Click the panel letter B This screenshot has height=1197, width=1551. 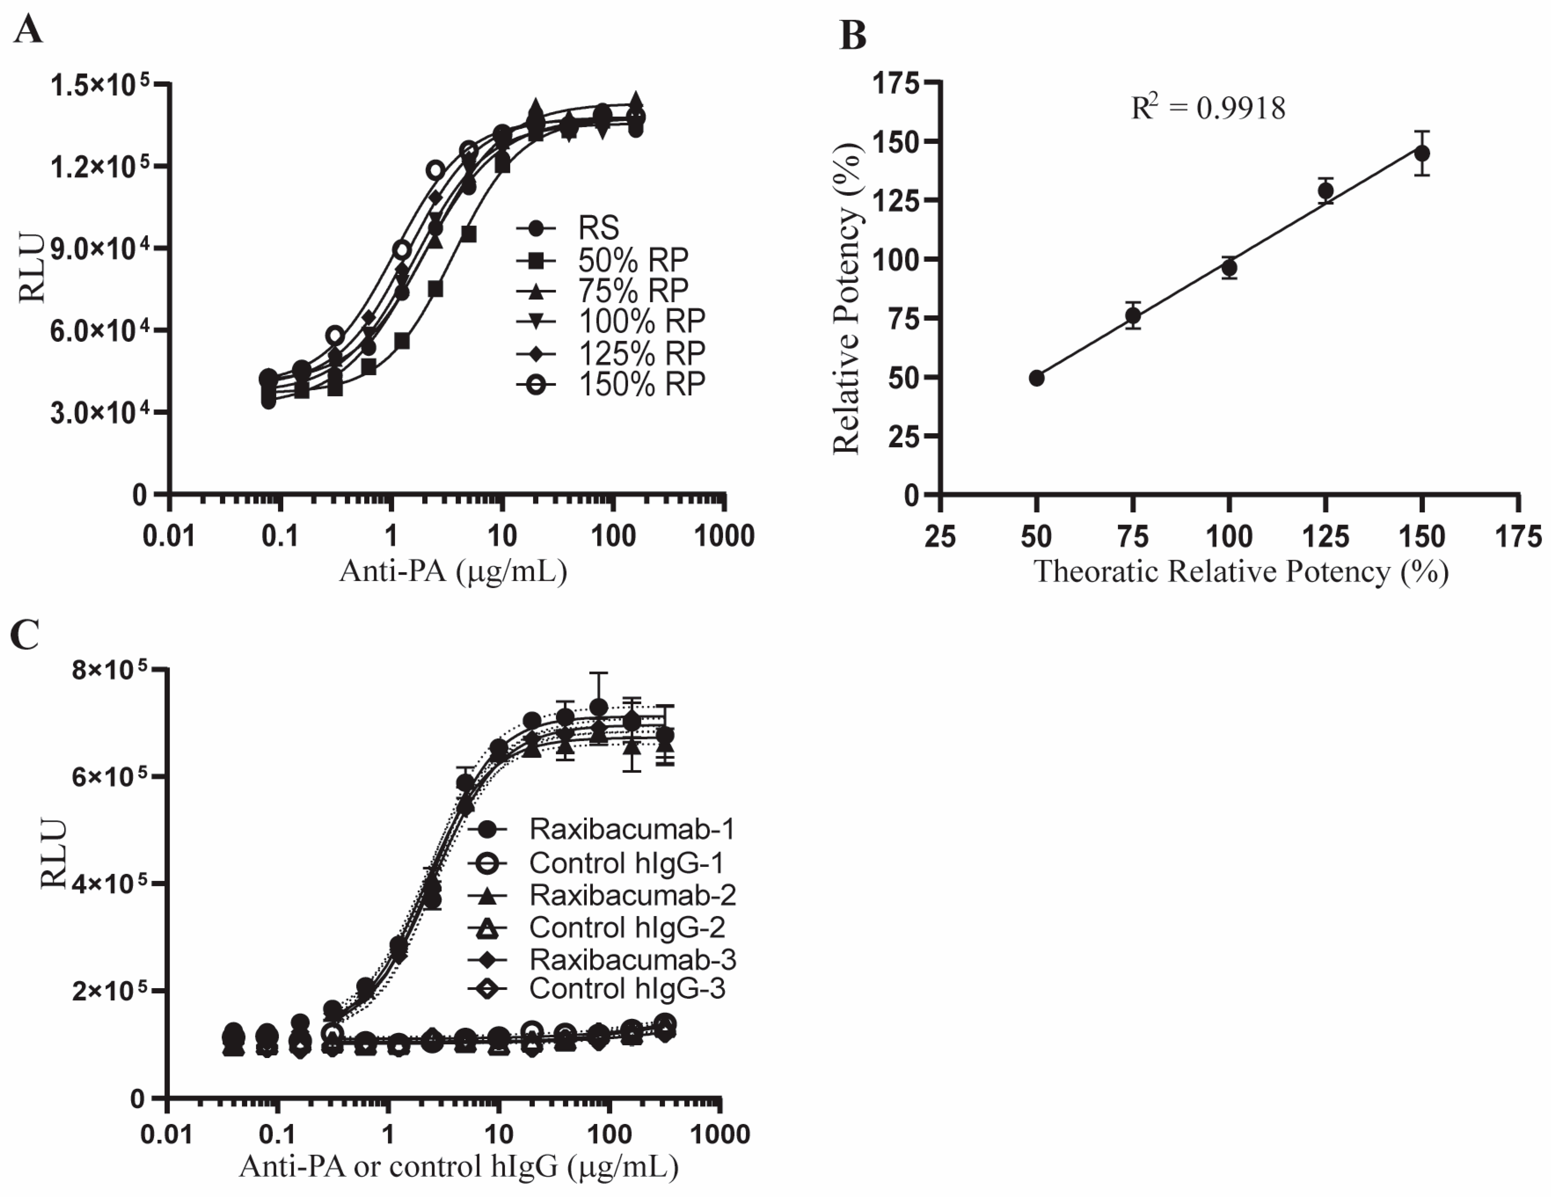click(853, 36)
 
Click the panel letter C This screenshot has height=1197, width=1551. click(26, 634)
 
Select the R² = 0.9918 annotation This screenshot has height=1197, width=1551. click(1207, 108)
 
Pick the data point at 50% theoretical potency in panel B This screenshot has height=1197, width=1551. click(1037, 378)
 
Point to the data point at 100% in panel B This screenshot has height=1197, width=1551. click(1229, 268)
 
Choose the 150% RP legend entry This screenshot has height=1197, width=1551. click(641, 384)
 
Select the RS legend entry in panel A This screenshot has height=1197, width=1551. click(598, 228)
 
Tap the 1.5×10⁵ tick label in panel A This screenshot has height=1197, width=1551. click(99, 86)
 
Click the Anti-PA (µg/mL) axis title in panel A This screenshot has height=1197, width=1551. click(453, 571)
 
